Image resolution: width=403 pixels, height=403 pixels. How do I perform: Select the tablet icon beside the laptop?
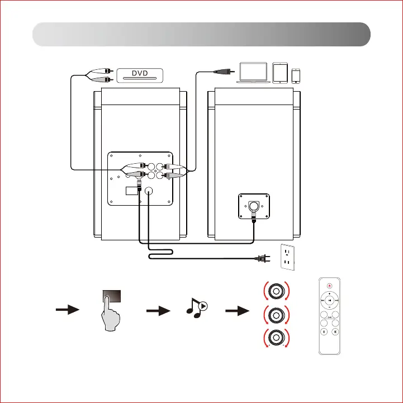pyautogui.click(x=281, y=73)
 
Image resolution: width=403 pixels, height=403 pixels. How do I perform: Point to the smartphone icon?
pyautogui.click(x=297, y=75)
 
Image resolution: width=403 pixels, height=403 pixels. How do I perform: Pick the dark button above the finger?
pyautogui.click(x=113, y=296)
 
